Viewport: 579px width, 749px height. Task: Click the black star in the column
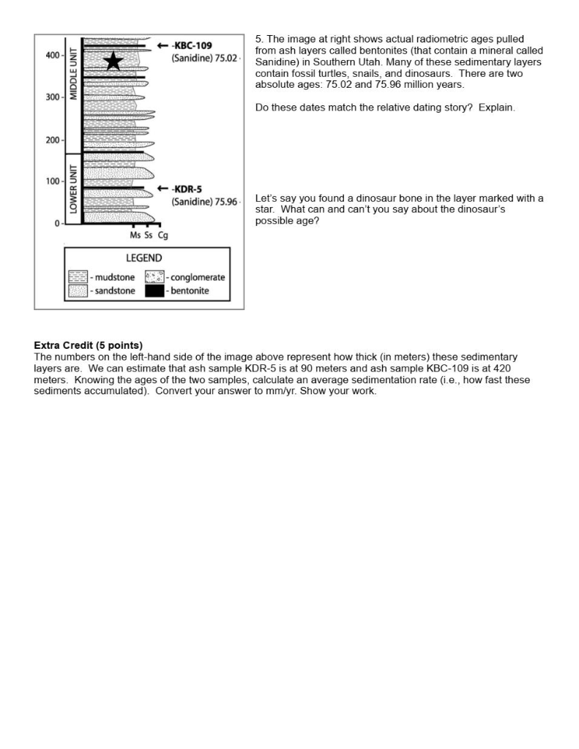(x=113, y=61)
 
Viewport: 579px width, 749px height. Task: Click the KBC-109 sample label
(x=192, y=45)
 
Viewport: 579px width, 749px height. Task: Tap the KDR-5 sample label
(x=187, y=189)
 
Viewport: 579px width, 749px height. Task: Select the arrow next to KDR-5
(x=163, y=189)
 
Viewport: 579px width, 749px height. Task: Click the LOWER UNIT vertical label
(x=73, y=187)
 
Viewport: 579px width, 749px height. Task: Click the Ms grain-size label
(x=135, y=235)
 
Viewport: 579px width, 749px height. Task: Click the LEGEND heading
(x=144, y=258)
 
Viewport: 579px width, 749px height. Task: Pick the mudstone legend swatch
(x=78, y=277)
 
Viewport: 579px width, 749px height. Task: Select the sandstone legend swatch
(x=78, y=290)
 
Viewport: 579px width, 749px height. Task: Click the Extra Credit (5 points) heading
(x=89, y=345)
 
